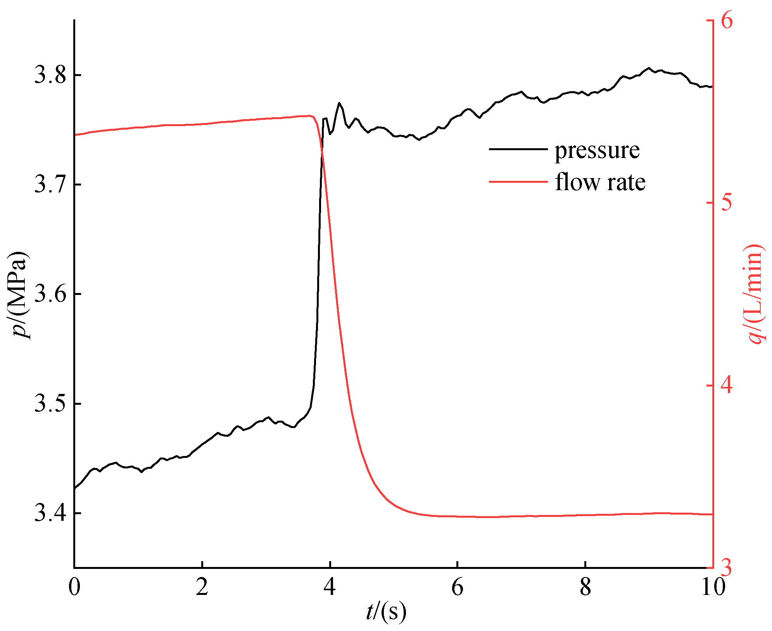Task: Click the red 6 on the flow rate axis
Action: (x=727, y=20)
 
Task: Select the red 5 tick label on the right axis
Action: (x=727, y=203)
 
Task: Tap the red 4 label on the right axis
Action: (x=727, y=385)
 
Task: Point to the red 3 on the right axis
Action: (x=727, y=567)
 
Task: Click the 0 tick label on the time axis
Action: (x=74, y=587)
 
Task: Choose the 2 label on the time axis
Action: (x=202, y=587)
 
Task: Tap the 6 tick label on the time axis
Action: (x=458, y=587)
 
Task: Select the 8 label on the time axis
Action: (x=585, y=587)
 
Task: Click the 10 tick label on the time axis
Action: (x=713, y=587)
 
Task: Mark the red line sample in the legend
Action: (x=518, y=182)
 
